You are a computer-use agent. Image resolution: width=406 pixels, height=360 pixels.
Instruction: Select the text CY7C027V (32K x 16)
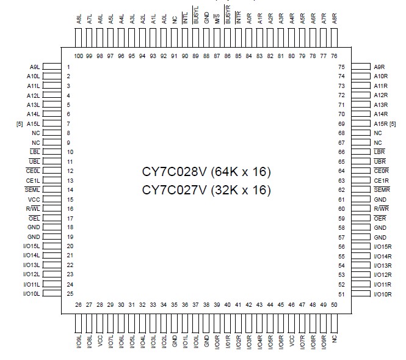tap(206, 190)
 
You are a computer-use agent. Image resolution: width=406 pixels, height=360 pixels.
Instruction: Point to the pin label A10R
tap(381, 76)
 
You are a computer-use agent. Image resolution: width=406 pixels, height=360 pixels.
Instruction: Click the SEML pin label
tap(33, 190)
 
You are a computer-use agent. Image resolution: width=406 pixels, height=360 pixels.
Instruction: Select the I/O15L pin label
tap(31, 246)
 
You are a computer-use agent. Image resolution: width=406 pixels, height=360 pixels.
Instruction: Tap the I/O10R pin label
tap(383, 294)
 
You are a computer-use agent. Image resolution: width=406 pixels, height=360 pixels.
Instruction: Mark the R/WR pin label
tap(380, 209)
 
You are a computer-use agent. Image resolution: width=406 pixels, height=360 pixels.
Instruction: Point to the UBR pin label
tap(380, 161)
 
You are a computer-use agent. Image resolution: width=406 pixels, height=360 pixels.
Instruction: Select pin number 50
tap(333, 304)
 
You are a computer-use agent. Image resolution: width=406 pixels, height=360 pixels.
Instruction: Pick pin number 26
tap(79, 304)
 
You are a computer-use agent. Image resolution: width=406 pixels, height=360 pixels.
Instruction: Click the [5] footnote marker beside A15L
tap(20, 124)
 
